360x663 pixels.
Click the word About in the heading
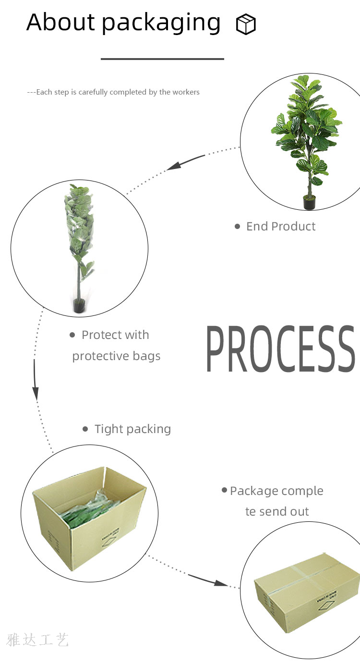(60, 22)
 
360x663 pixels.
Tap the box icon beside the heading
(246, 24)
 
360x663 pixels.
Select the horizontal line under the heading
(162, 59)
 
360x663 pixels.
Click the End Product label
(281, 226)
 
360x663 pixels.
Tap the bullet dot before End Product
(237, 226)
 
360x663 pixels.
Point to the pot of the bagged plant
(79, 306)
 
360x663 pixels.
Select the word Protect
(99, 335)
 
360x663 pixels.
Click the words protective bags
(116, 356)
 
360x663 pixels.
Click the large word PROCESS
(281, 349)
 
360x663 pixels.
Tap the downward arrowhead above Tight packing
(36, 393)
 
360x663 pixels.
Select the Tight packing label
(132, 429)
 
